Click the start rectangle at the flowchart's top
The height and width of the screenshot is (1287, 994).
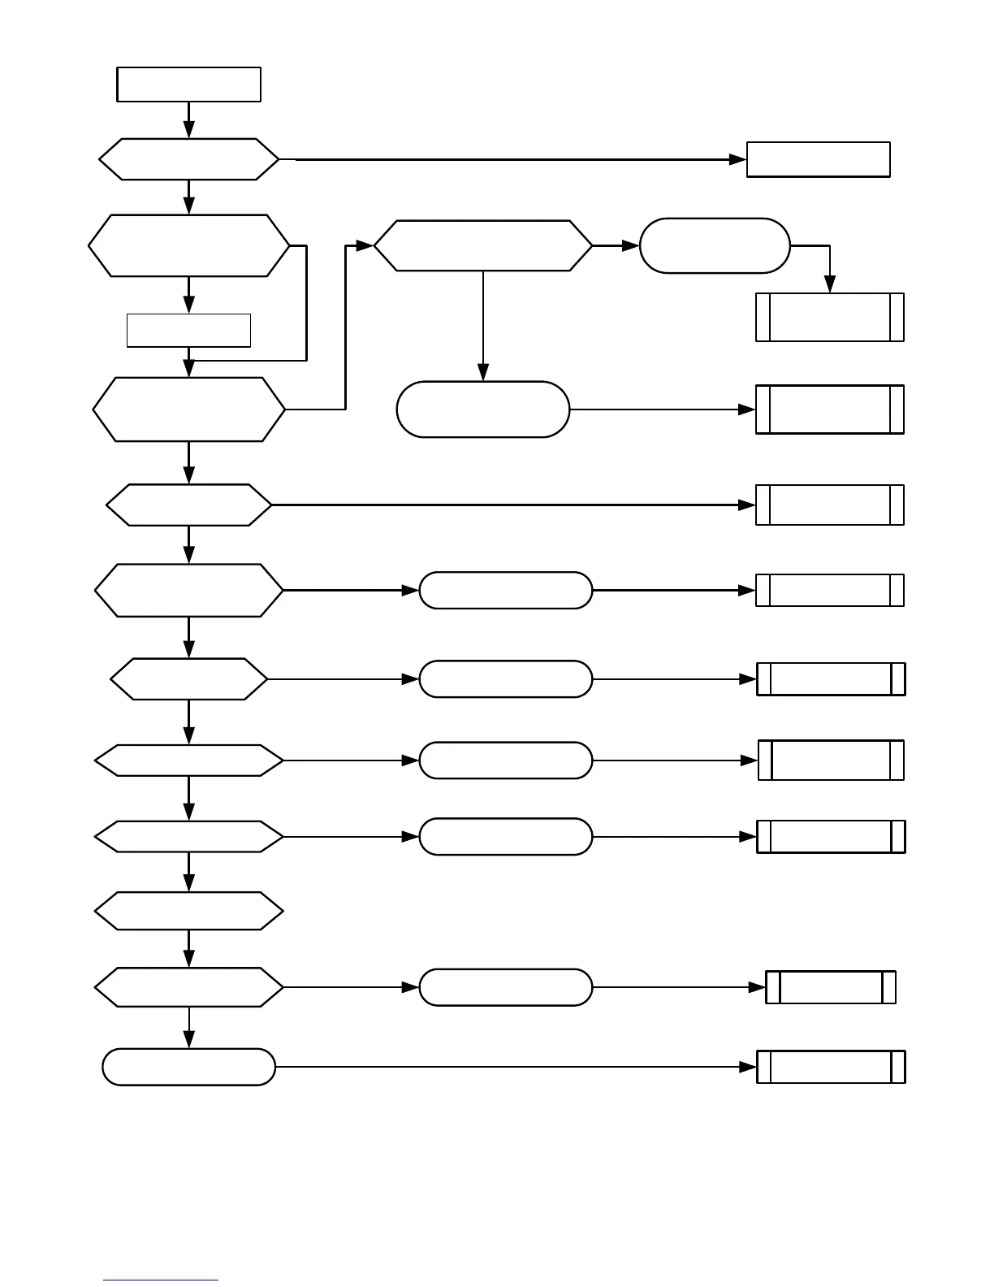tap(188, 84)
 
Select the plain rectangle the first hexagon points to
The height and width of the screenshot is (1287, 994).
tap(818, 159)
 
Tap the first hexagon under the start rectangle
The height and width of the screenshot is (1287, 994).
tap(188, 159)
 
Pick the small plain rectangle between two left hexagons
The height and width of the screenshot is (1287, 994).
tap(188, 330)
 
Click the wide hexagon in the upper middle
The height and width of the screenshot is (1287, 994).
tap(483, 245)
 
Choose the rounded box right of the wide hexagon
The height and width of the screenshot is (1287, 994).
tap(715, 245)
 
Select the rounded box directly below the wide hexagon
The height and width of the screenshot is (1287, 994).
tap(483, 409)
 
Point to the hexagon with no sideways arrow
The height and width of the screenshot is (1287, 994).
tap(188, 911)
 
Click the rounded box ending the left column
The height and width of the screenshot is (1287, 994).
tap(188, 1067)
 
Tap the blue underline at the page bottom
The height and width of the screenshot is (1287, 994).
tap(161, 1280)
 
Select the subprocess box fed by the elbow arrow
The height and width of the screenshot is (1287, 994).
tap(829, 317)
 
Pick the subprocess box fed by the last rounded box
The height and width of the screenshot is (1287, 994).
tap(830, 1067)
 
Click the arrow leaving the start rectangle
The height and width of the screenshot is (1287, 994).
tap(188, 119)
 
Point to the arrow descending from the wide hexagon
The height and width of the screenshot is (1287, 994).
tap(483, 325)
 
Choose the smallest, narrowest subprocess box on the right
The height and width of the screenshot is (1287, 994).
tap(830, 987)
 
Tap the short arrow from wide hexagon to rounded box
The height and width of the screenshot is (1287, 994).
tap(616, 245)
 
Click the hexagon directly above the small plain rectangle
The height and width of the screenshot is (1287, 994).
tap(188, 245)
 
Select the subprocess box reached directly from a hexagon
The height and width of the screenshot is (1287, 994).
tap(829, 505)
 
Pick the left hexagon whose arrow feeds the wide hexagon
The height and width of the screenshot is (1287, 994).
tap(188, 409)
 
